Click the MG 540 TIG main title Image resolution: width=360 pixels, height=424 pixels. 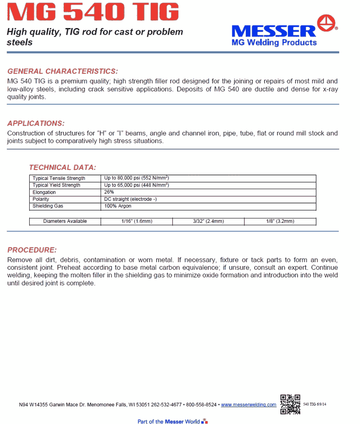coord(93,13)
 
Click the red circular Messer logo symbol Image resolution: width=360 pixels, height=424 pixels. coord(327,23)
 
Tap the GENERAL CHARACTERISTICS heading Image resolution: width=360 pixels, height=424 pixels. coord(63,71)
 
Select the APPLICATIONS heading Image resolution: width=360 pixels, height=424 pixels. coord(36,123)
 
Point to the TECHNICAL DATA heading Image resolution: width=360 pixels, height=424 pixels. coord(62,167)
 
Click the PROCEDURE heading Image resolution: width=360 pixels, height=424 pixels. coord(32,250)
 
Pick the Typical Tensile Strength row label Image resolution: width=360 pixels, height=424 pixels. coord(59,178)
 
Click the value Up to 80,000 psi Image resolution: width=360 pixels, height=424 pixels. coord(136,178)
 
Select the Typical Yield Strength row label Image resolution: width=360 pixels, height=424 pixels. coord(57,185)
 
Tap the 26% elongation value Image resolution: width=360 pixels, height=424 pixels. coord(109,192)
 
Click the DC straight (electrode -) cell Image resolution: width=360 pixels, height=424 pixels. coord(131,199)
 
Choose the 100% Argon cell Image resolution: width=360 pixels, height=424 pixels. coord(118,206)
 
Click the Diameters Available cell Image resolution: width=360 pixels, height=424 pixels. coord(65,221)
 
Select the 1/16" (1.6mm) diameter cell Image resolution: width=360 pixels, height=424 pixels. coord(136,221)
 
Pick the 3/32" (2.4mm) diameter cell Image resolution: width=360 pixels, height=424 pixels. coord(208,221)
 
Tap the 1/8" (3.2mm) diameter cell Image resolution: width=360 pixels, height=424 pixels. coord(280,221)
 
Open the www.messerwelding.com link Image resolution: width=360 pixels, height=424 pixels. coord(249,405)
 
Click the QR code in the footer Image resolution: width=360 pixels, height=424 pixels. coord(290,404)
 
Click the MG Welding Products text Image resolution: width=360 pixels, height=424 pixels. coord(274,42)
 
